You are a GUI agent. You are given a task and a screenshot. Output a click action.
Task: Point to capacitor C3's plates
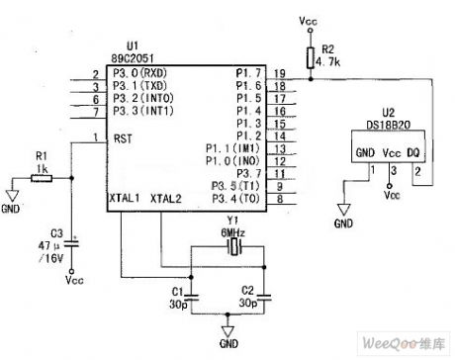click(x=74, y=238)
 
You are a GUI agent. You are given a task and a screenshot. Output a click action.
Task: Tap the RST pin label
click(x=121, y=138)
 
